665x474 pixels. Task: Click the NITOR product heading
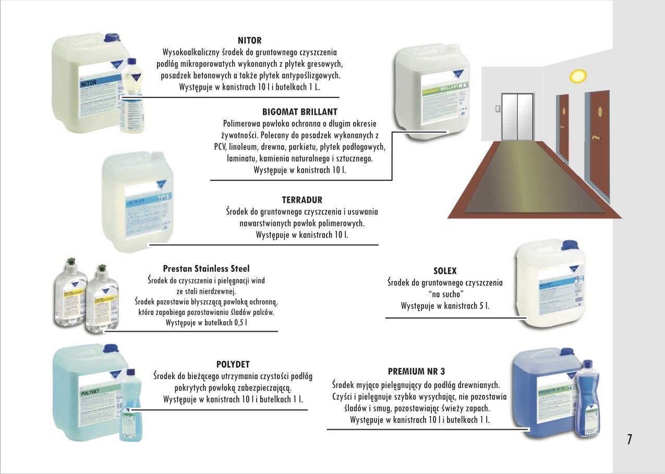click(x=249, y=40)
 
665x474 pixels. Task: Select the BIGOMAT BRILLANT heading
click(x=299, y=112)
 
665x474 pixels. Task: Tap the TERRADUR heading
click(x=302, y=200)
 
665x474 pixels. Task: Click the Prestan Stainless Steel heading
click(x=206, y=269)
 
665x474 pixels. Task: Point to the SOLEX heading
click(x=445, y=271)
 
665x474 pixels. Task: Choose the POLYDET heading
click(x=233, y=364)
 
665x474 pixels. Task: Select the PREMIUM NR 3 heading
click(x=416, y=371)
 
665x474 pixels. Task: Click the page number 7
click(x=630, y=440)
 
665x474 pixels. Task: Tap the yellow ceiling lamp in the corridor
click(x=577, y=77)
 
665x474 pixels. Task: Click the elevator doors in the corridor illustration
click(x=517, y=117)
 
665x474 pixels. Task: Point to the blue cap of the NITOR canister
click(x=112, y=38)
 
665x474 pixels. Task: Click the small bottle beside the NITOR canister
click(x=131, y=96)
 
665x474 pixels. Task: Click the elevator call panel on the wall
click(x=497, y=108)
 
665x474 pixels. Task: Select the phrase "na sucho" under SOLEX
click(x=445, y=294)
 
